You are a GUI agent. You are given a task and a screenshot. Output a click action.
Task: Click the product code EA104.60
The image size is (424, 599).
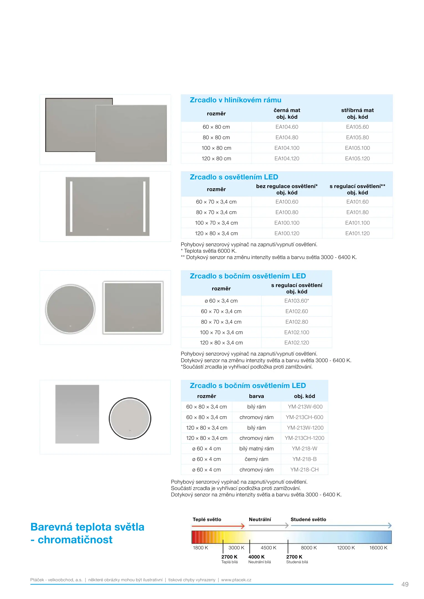click(x=287, y=127)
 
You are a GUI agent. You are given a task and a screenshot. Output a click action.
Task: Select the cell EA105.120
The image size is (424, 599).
click(x=357, y=159)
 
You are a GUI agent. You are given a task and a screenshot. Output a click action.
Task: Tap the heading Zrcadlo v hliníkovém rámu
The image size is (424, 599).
click(x=235, y=100)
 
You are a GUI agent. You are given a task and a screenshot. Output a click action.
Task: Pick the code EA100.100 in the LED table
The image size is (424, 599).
click(x=287, y=223)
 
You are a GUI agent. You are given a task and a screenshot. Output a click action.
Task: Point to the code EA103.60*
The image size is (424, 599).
click(x=296, y=301)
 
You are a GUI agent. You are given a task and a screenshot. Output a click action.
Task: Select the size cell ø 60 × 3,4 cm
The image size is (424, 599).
click(x=221, y=301)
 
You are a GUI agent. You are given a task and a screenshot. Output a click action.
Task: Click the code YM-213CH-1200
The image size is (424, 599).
click(x=304, y=438)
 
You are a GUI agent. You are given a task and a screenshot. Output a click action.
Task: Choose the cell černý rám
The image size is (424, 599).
click(x=256, y=459)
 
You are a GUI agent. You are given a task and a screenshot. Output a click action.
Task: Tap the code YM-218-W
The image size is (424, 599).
click(x=304, y=449)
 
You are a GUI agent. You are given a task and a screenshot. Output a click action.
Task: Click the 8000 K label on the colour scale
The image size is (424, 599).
click(x=309, y=548)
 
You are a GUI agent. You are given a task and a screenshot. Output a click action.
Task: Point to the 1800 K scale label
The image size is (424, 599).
click(x=200, y=548)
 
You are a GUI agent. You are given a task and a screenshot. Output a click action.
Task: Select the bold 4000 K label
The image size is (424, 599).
click(x=256, y=557)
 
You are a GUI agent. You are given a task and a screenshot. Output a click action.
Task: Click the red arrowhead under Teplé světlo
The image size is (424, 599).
click(x=243, y=526)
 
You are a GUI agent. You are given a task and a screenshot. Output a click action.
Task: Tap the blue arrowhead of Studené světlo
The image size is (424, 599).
click(x=390, y=526)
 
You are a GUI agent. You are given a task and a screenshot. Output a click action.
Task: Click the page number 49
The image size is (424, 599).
click(x=405, y=585)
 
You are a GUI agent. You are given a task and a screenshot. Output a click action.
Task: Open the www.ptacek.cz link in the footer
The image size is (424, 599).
click(x=236, y=580)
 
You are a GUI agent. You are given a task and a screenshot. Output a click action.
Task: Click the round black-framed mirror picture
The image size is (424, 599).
click(x=130, y=418)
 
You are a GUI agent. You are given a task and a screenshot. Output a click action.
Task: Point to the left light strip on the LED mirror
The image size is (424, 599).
click(x=71, y=206)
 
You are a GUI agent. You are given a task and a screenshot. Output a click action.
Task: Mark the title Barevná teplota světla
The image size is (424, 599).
click(x=87, y=527)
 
